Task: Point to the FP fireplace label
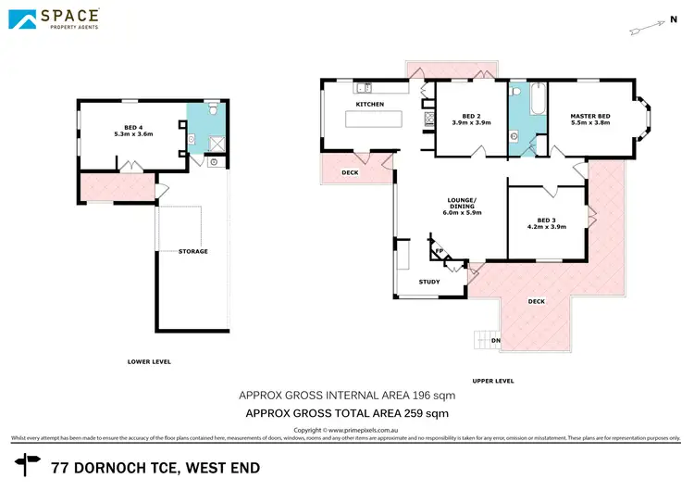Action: click(440, 251)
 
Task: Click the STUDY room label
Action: click(428, 282)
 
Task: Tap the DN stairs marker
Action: click(495, 340)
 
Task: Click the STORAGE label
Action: click(192, 251)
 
